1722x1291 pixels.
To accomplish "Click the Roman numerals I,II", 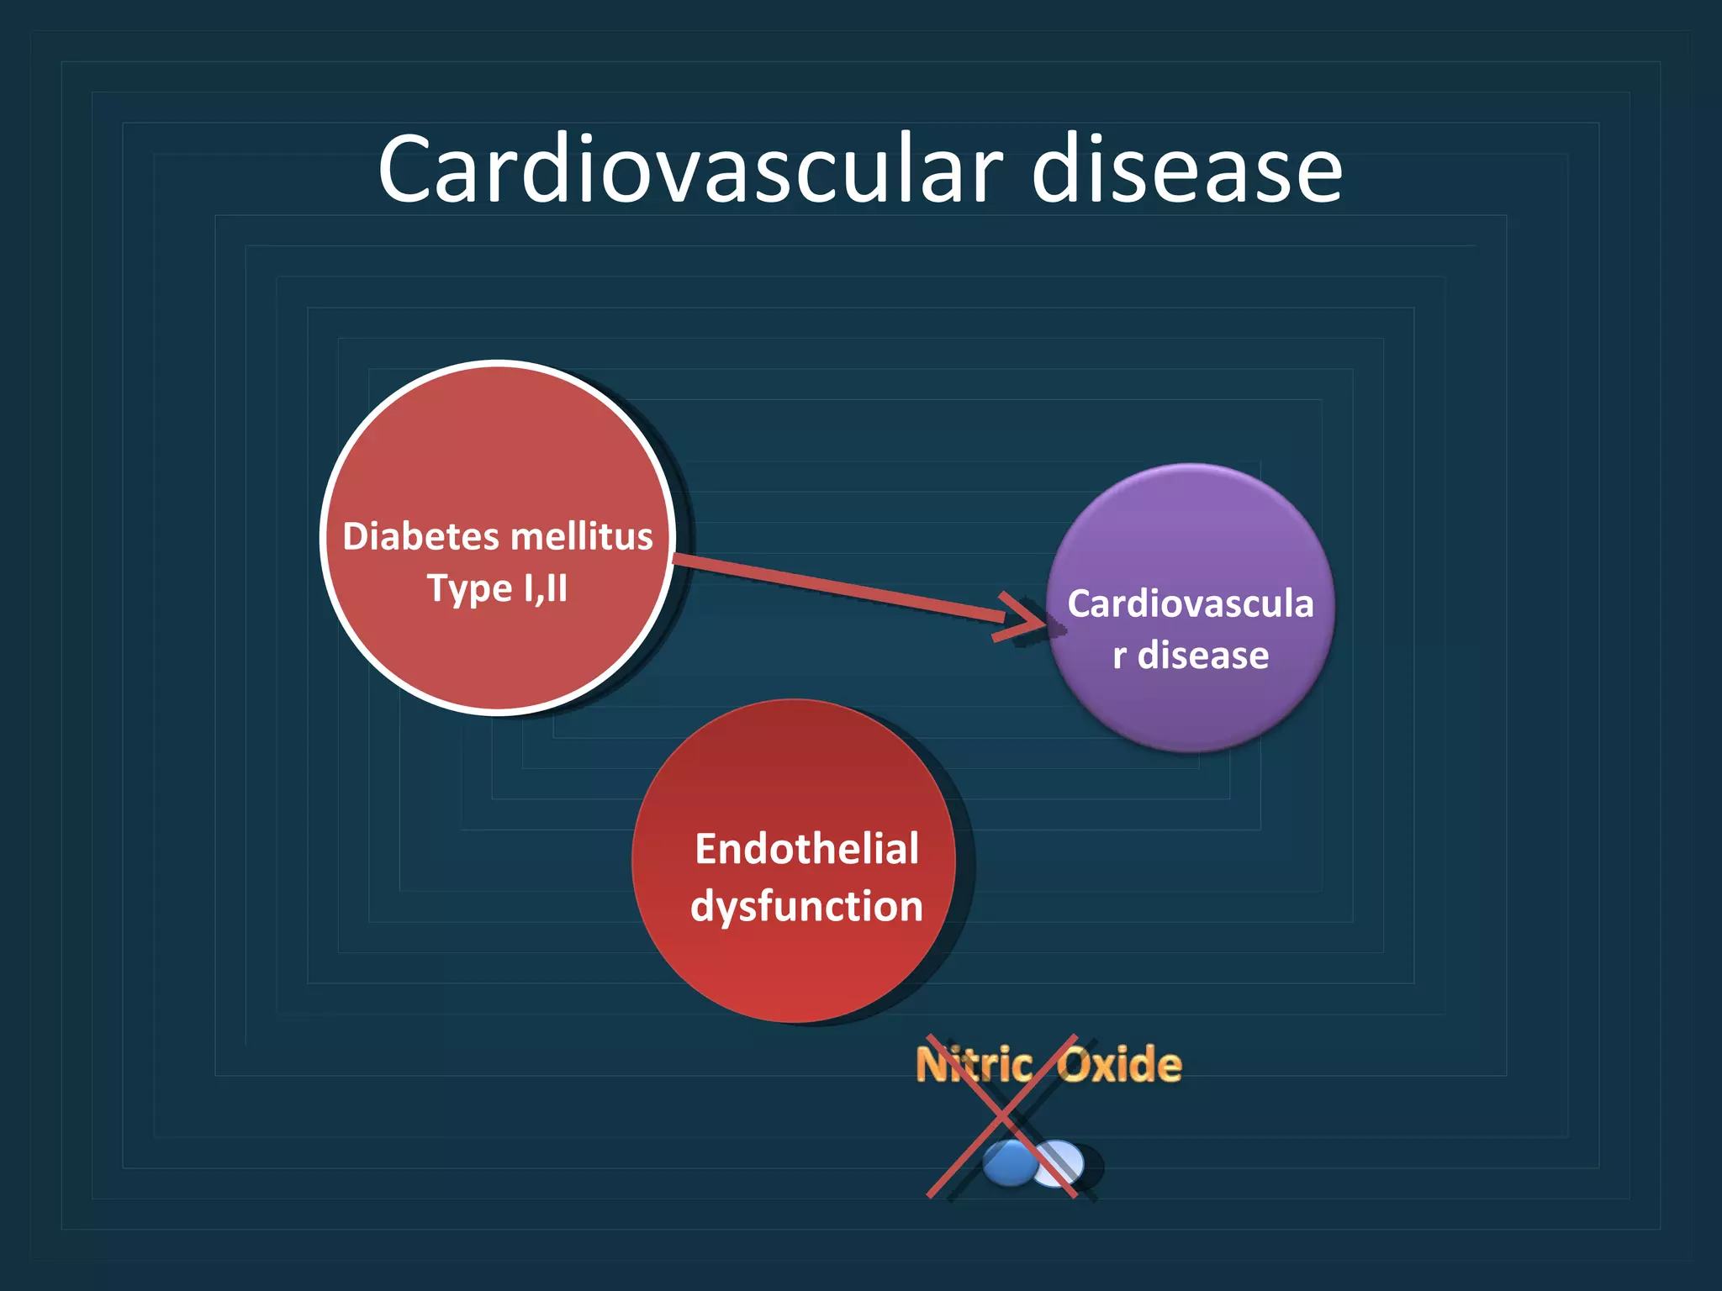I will point(545,588).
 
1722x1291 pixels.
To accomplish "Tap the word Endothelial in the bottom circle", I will point(806,849).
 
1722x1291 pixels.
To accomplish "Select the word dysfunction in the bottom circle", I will point(806,906).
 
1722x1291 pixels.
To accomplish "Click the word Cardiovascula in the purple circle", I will point(1190,603).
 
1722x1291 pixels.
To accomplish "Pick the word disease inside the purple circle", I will point(1203,656).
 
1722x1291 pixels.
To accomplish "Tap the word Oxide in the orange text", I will point(1119,1065).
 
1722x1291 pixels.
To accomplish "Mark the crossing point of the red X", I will point(1002,1116).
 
